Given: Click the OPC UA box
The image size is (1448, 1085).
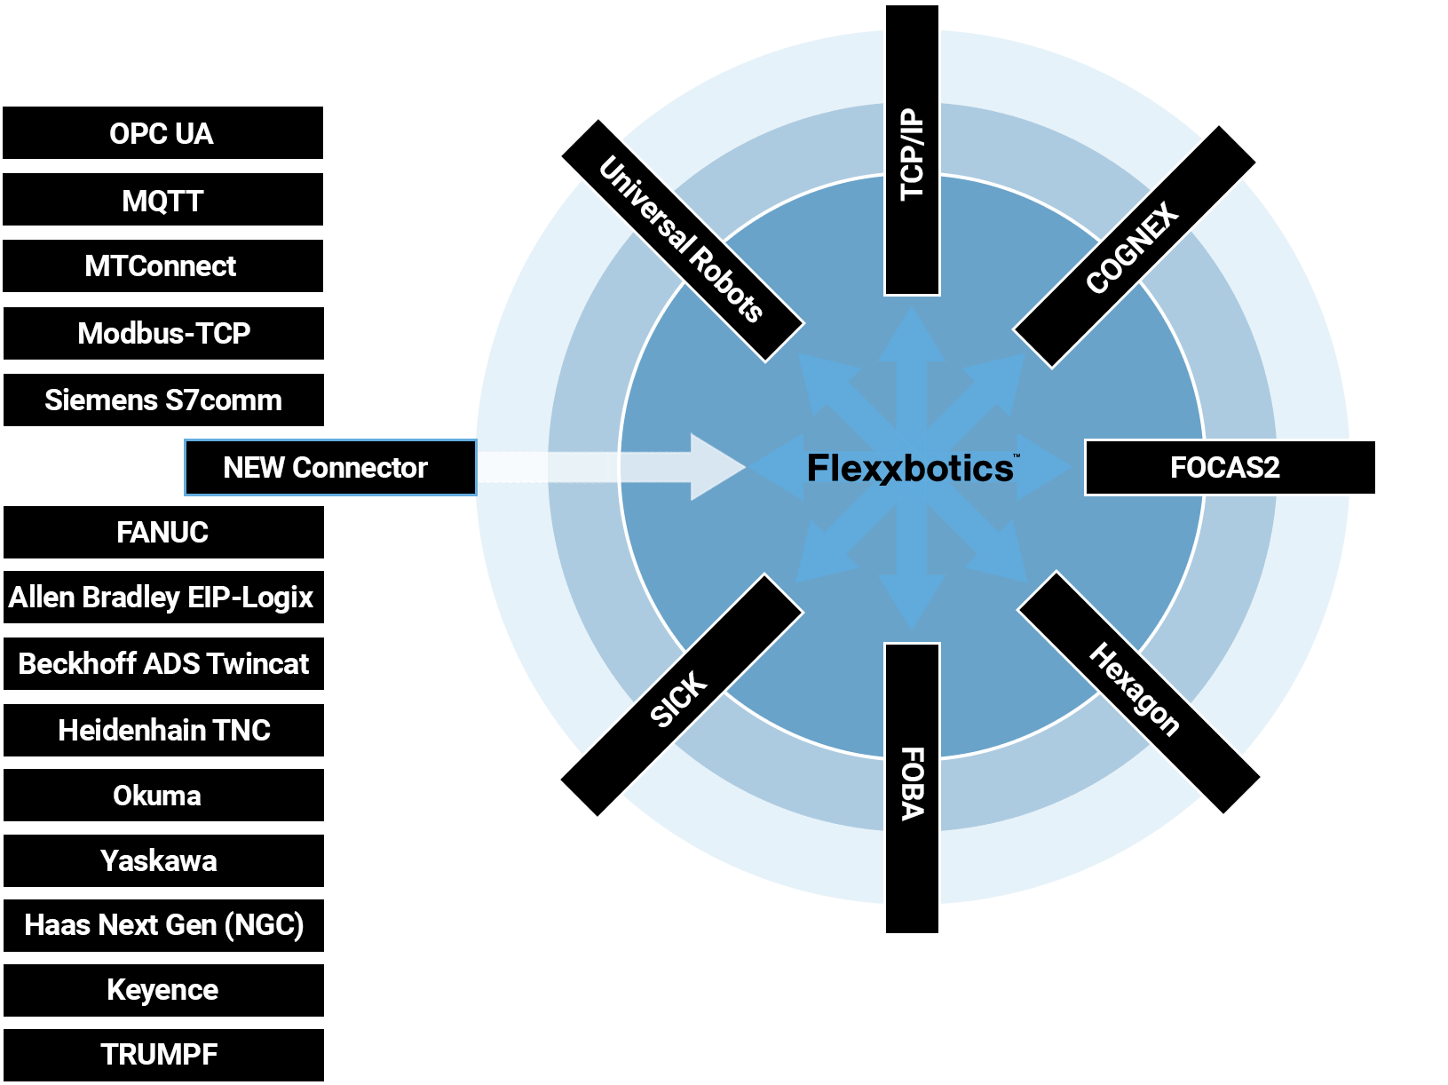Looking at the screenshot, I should click(163, 133).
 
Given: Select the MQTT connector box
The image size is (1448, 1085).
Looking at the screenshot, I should click(163, 201).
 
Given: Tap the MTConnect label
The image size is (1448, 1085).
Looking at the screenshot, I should click(163, 266).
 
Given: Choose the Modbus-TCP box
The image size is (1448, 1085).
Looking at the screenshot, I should click(163, 333).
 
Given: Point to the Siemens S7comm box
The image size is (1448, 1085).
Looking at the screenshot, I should click(163, 400).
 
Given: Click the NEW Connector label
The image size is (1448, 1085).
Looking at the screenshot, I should click(326, 467).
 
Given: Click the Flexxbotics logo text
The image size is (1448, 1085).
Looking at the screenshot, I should click(911, 468).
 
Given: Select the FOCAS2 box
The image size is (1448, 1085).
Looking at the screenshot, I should click(1230, 467).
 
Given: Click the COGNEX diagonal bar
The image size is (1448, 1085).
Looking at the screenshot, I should click(1134, 247).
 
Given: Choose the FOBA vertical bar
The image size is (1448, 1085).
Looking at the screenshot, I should click(912, 786).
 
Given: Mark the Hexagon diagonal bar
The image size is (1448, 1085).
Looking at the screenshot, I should click(1138, 693).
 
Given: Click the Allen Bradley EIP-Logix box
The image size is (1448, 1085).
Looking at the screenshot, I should click(163, 598).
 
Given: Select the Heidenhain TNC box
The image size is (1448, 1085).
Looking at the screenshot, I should click(163, 730).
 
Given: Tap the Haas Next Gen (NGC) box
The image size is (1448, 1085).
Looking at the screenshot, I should click(163, 925).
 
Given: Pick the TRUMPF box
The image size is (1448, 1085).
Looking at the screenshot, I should click(163, 1055).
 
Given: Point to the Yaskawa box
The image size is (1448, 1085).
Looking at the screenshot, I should click(163, 860).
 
